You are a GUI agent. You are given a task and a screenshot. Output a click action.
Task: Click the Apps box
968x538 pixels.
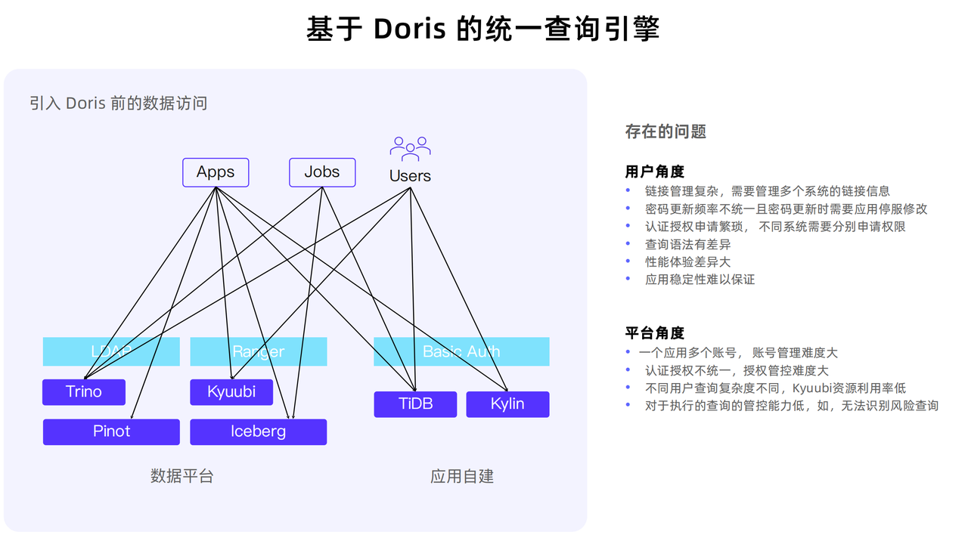[x=216, y=172]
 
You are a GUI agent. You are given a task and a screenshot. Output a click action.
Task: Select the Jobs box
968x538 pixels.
[x=322, y=172]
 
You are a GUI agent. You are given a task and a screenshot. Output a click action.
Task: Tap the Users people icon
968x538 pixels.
[x=410, y=148]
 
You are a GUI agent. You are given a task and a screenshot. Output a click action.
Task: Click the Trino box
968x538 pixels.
[x=84, y=391]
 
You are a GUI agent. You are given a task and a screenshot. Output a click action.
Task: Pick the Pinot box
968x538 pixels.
[x=111, y=431]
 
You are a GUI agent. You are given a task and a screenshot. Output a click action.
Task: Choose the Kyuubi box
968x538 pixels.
[x=231, y=391]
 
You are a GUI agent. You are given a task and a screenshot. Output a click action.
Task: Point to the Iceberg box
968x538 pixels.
[x=258, y=431]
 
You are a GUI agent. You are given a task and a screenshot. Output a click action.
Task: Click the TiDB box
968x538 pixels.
[x=415, y=404]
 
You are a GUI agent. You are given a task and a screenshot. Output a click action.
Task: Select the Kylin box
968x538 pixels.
[x=507, y=404]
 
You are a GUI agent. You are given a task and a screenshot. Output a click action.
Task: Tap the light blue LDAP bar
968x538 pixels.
[x=111, y=351]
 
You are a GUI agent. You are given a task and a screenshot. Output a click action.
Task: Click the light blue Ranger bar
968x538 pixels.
[x=258, y=351]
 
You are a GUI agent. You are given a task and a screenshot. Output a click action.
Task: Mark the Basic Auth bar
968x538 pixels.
[x=461, y=351]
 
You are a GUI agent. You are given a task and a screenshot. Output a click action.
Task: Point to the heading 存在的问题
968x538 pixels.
[x=665, y=131]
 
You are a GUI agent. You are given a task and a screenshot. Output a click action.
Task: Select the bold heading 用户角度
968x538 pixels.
[x=655, y=172]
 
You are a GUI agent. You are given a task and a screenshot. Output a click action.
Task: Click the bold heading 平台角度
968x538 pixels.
[x=655, y=332]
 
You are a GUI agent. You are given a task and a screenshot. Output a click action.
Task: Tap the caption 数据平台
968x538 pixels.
[x=182, y=476]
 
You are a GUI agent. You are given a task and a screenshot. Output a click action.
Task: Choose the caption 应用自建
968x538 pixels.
[x=462, y=476]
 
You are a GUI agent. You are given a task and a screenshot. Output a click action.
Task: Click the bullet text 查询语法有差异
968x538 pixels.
[x=687, y=244]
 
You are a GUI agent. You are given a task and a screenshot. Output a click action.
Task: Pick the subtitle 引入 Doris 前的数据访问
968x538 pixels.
[x=119, y=104]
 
